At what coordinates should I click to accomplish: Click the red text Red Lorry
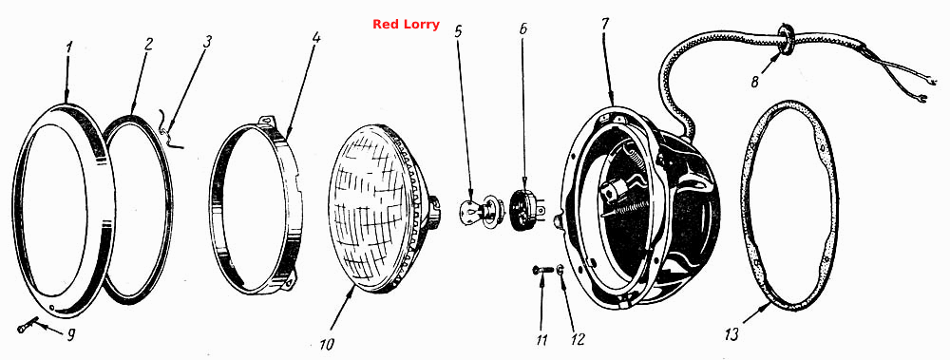(x=406, y=25)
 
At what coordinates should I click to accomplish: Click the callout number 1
(x=68, y=47)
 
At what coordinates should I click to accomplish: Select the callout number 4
(x=316, y=37)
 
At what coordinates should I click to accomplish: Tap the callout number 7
(x=605, y=25)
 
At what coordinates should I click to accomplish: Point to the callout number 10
(x=327, y=345)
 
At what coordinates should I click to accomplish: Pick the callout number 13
(x=731, y=334)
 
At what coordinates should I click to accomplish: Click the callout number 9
(x=71, y=335)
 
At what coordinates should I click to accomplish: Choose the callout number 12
(x=578, y=339)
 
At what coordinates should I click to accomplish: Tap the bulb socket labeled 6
(x=524, y=210)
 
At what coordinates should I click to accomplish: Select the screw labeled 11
(x=542, y=270)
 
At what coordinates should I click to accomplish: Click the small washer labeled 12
(x=560, y=270)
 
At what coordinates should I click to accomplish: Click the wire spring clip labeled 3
(x=169, y=130)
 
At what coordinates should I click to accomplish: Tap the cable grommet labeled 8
(x=787, y=39)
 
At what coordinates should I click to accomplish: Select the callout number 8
(x=755, y=81)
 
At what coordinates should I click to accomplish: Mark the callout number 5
(x=459, y=31)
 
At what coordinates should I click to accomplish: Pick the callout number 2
(x=148, y=45)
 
